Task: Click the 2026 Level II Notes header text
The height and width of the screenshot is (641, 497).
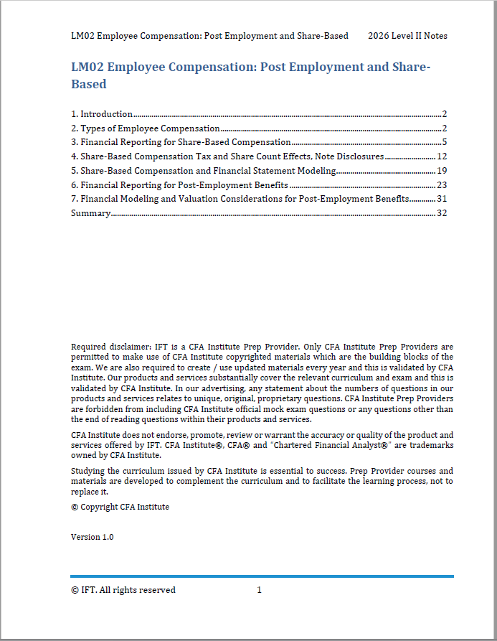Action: pyautogui.click(x=407, y=36)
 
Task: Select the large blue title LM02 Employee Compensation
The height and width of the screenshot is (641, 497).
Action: pyautogui.click(x=250, y=75)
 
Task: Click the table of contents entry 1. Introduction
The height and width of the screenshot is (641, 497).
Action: pyautogui.click(x=102, y=114)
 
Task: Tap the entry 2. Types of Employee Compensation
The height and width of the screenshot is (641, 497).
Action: pyautogui.click(x=145, y=128)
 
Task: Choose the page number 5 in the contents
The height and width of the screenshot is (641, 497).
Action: pyautogui.click(x=445, y=142)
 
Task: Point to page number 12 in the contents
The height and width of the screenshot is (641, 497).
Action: pyautogui.click(x=442, y=156)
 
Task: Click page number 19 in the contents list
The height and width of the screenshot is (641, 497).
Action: pyautogui.click(x=442, y=171)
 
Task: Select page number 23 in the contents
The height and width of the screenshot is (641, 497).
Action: pyautogui.click(x=442, y=184)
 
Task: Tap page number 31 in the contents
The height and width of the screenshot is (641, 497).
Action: pyautogui.click(x=442, y=199)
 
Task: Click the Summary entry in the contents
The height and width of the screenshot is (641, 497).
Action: pyautogui.click(x=90, y=213)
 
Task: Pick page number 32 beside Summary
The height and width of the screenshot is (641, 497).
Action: pyautogui.click(x=442, y=213)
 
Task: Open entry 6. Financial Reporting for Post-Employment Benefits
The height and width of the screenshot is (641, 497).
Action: pyautogui.click(x=179, y=184)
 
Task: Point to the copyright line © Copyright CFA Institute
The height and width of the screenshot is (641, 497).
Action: pyautogui.click(x=120, y=507)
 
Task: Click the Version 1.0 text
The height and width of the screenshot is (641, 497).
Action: pyautogui.click(x=92, y=537)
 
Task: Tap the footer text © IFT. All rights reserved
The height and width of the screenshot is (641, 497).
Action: pyautogui.click(x=123, y=590)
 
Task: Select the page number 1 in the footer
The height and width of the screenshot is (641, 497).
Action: pyautogui.click(x=259, y=590)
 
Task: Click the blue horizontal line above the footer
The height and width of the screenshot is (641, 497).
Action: pyautogui.click(x=262, y=576)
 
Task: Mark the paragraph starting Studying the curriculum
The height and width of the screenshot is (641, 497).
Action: pyautogui.click(x=262, y=481)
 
